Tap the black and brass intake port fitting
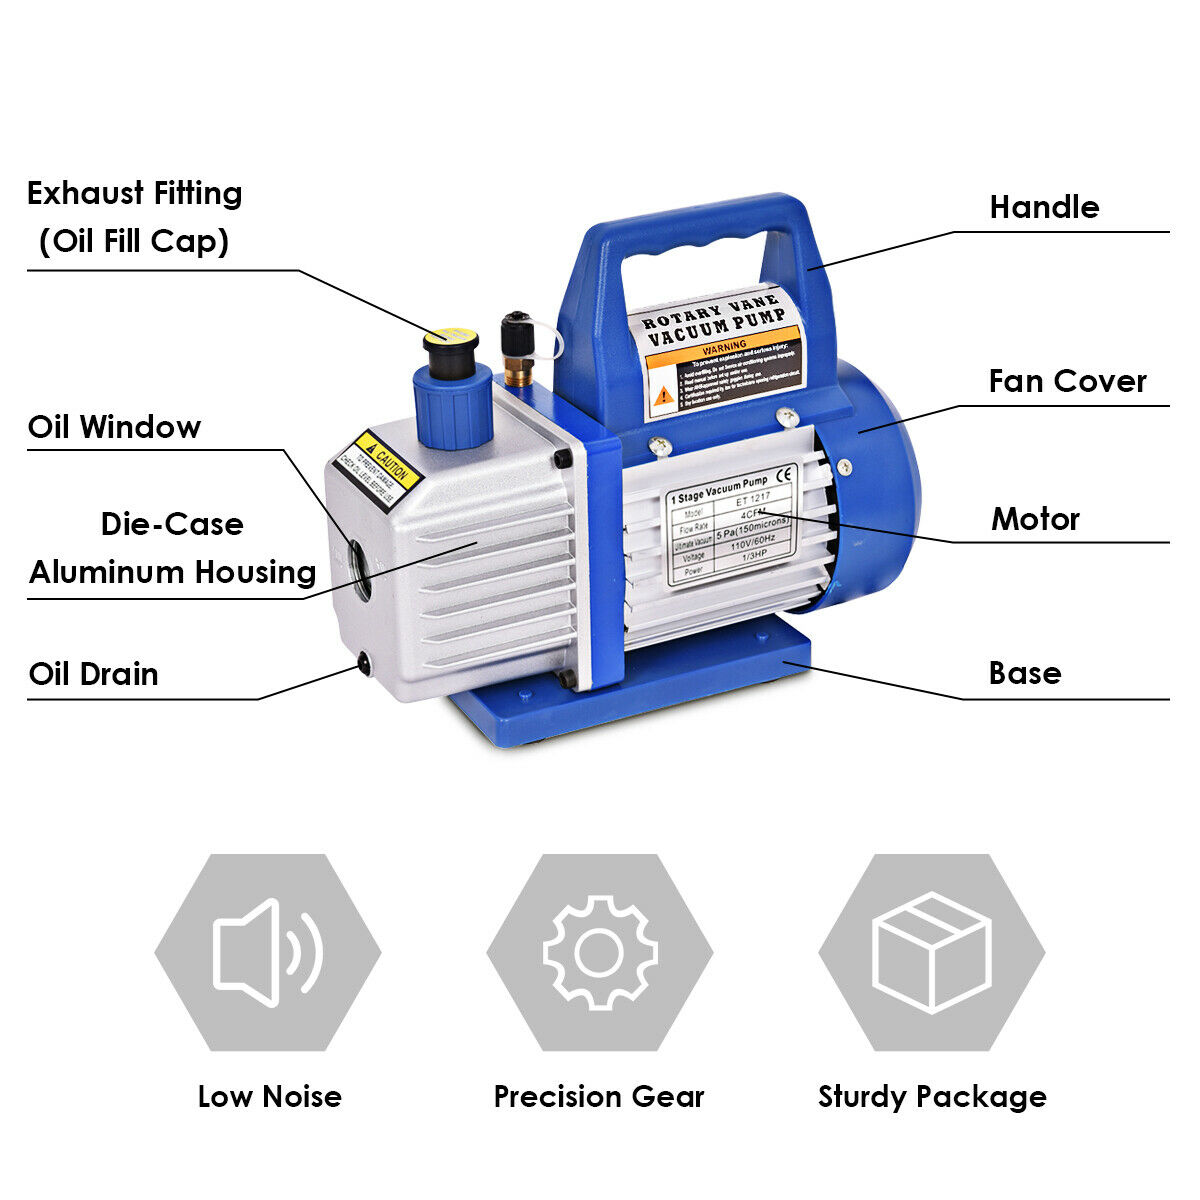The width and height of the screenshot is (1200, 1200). (517, 350)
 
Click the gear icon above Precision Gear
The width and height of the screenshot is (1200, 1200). (599, 952)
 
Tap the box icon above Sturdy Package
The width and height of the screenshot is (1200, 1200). (931, 952)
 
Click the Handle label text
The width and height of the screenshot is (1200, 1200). (1043, 207)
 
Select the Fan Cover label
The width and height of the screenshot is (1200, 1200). (1067, 381)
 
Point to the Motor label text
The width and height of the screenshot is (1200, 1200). (1035, 519)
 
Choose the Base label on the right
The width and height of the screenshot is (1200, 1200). (1024, 673)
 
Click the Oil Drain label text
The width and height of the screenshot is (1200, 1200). (93, 674)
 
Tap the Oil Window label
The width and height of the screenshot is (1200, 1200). (114, 427)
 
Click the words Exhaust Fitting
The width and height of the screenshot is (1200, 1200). (134, 193)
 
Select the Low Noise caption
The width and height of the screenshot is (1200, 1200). (269, 1097)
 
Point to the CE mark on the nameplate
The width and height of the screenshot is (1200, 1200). (785, 474)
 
